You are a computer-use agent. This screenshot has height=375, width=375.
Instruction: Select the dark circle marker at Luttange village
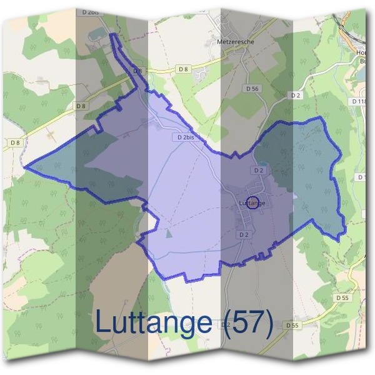click(252, 202)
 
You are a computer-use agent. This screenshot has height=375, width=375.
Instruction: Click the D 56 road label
click(252, 89)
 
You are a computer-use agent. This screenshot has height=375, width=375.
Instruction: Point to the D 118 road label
click(360, 101)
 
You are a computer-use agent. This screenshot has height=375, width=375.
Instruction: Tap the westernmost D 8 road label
click(15, 143)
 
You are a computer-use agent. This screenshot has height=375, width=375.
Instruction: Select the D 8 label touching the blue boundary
click(138, 72)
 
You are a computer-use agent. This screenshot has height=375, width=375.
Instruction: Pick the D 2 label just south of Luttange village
click(244, 234)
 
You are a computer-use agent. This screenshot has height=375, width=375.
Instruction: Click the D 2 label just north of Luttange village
click(259, 170)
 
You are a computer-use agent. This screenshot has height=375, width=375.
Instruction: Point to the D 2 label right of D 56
click(296, 95)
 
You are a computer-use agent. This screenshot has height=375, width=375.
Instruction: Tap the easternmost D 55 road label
click(342, 298)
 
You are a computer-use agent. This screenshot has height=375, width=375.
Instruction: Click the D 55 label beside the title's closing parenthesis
click(292, 325)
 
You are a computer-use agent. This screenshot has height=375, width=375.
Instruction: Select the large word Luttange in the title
click(154, 322)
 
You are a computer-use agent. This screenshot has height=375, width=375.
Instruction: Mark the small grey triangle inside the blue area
click(169, 233)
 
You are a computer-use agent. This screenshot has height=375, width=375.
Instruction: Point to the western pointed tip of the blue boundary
click(26, 167)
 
